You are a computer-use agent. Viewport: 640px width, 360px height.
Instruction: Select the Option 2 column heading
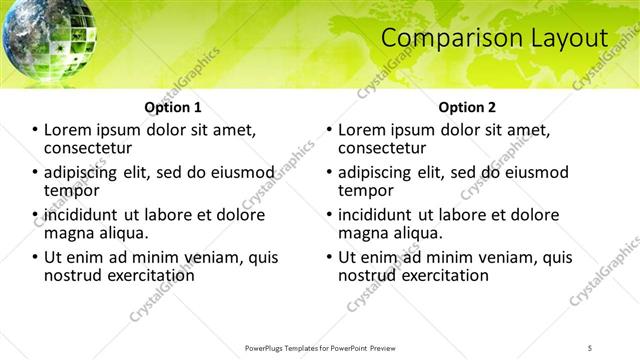(466, 107)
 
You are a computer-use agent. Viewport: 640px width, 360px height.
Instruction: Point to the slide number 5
(590, 347)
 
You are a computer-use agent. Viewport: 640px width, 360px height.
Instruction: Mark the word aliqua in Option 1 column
(121, 232)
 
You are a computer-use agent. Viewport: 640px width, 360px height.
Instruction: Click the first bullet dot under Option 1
(34, 130)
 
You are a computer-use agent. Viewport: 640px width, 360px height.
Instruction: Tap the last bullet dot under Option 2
(328, 258)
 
